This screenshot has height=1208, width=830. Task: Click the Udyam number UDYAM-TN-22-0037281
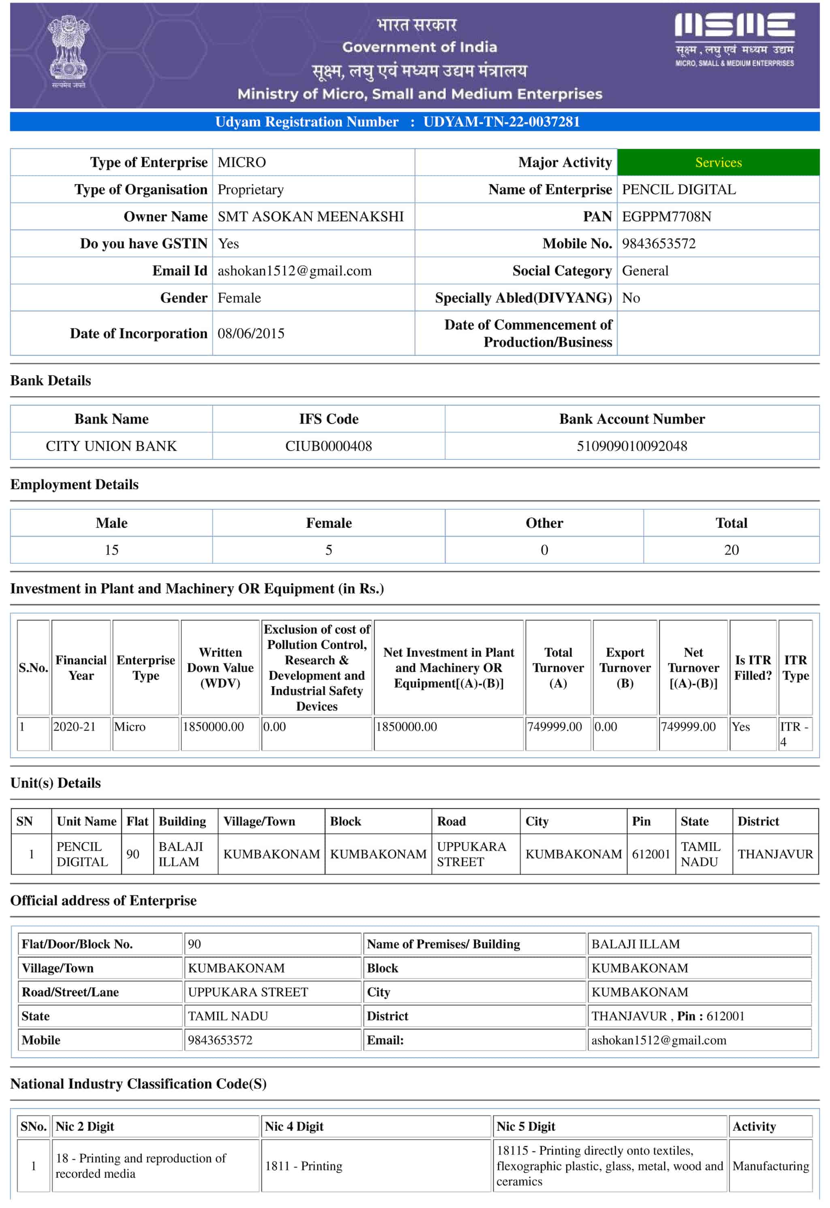pos(501,121)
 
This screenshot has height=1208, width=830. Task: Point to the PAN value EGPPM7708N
pos(666,217)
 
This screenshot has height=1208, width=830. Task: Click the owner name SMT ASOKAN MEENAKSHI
pos(310,217)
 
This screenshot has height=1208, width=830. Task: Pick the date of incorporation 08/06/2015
pos(251,334)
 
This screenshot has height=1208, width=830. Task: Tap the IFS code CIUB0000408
pos(328,446)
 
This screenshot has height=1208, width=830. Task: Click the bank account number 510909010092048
pos(631,446)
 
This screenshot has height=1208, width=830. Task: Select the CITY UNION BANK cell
pos(111,446)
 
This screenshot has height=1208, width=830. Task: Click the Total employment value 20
pos(731,550)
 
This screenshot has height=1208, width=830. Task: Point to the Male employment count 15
pos(111,550)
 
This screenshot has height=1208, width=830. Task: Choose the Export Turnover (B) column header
pos(625,667)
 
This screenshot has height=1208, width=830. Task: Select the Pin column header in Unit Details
pos(641,821)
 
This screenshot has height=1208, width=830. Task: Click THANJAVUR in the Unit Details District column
pos(774,854)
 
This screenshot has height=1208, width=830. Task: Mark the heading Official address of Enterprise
pos(103,900)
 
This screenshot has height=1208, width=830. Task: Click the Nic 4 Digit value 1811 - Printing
pos(304,1166)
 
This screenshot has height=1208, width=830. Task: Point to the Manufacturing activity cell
pos(770,1166)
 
